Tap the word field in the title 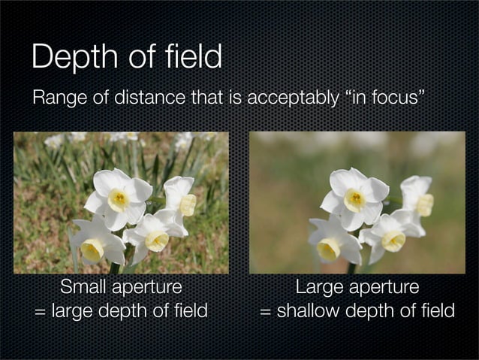tap(190, 56)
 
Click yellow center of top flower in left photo tap(119, 199)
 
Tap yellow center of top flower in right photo tap(354, 199)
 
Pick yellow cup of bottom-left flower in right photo tap(328, 249)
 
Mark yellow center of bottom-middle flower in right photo tap(393, 241)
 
